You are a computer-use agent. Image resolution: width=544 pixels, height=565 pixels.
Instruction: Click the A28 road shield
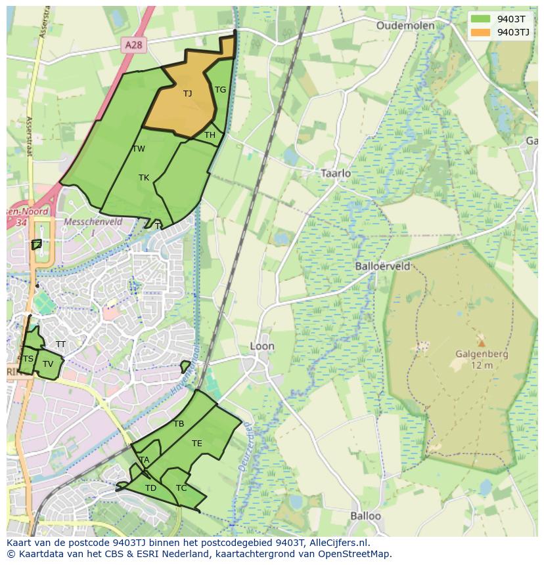(133, 45)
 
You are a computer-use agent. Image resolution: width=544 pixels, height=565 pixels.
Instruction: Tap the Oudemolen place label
(405, 26)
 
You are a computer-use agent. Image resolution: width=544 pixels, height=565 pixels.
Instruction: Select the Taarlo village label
(336, 173)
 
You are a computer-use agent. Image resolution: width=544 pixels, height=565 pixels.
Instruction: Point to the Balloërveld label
(382, 266)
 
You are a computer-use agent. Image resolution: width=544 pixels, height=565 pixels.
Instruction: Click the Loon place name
(262, 346)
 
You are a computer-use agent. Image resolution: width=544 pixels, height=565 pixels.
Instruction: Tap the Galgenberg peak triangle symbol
(482, 343)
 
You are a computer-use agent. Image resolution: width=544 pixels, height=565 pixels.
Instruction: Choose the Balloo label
(365, 516)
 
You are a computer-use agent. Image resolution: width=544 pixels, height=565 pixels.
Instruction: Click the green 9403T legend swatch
(480, 19)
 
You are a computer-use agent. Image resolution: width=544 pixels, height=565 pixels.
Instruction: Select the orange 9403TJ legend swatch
(480, 32)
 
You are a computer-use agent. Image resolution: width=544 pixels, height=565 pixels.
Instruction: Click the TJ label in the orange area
(187, 93)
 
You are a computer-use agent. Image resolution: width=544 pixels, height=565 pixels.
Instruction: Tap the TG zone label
(220, 90)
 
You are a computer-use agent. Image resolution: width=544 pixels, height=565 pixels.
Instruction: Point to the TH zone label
(210, 135)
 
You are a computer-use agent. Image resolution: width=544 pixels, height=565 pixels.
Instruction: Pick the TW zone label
(139, 149)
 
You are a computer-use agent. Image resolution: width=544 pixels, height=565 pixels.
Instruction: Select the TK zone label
(144, 178)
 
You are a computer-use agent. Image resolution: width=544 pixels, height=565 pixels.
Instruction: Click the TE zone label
(197, 444)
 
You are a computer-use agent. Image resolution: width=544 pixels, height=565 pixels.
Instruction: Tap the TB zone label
(179, 424)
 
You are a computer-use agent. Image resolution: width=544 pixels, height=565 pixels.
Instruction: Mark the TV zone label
(48, 364)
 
